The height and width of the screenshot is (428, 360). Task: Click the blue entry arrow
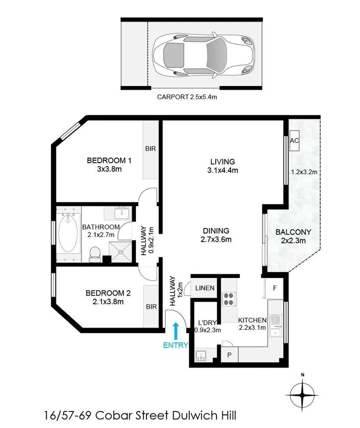175,331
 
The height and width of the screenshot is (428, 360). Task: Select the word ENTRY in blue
175,345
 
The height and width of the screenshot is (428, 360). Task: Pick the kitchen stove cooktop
229,299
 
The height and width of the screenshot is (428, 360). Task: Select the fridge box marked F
274,289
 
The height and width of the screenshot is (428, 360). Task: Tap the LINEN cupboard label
205,288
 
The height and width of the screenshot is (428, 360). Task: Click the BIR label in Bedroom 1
150,149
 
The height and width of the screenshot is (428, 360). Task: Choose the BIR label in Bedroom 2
150,306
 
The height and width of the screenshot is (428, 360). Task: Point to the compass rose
303,395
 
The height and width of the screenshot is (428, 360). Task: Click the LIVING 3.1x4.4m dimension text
223,170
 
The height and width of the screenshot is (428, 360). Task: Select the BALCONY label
293,232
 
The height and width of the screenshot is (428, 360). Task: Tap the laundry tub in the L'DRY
202,355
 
